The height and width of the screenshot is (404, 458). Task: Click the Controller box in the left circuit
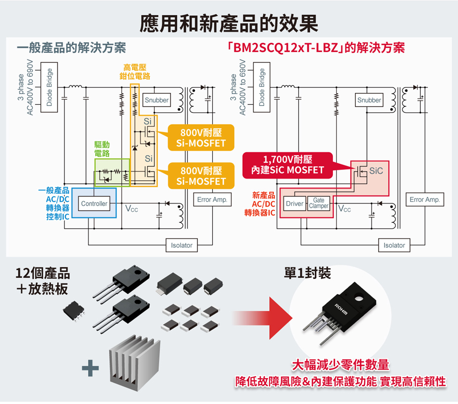[94, 204]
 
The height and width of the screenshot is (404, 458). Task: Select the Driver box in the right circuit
[294, 204]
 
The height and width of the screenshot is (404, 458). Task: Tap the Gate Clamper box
[319, 204]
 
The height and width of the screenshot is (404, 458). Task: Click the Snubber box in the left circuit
[156, 100]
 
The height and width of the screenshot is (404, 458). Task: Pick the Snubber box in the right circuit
[369, 100]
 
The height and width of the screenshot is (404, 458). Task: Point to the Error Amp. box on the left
[212, 200]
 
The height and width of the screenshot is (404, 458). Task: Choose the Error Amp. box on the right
[425, 200]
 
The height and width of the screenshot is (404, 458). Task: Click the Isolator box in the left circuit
[182, 245]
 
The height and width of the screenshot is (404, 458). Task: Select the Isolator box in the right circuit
[394, 245]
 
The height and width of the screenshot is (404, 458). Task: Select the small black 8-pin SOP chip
[73, 311]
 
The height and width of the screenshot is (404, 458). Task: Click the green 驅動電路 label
[102, 149]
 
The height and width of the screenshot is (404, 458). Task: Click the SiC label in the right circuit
[376, 170]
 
